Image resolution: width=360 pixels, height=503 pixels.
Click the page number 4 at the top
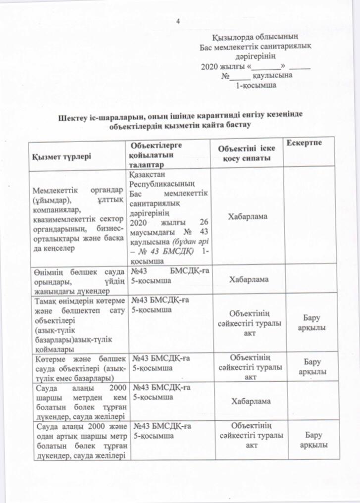click(x=179, y=21)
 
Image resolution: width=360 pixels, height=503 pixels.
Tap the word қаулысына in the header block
click(x=272, y=76)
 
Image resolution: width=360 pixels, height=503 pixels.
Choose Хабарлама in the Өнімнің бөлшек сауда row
click(x=248, y=280)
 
